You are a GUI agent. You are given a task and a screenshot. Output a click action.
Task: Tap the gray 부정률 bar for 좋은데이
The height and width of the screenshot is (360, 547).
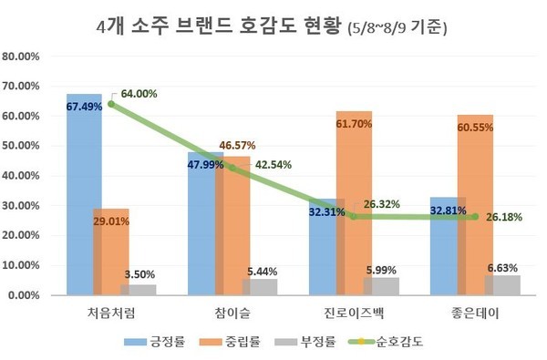502,285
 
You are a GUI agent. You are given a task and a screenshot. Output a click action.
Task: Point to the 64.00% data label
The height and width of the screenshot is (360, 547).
139,94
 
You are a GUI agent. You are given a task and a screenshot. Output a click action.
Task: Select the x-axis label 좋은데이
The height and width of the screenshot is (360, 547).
474,313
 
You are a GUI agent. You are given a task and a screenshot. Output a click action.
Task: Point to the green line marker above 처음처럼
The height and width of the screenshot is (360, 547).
111,104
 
